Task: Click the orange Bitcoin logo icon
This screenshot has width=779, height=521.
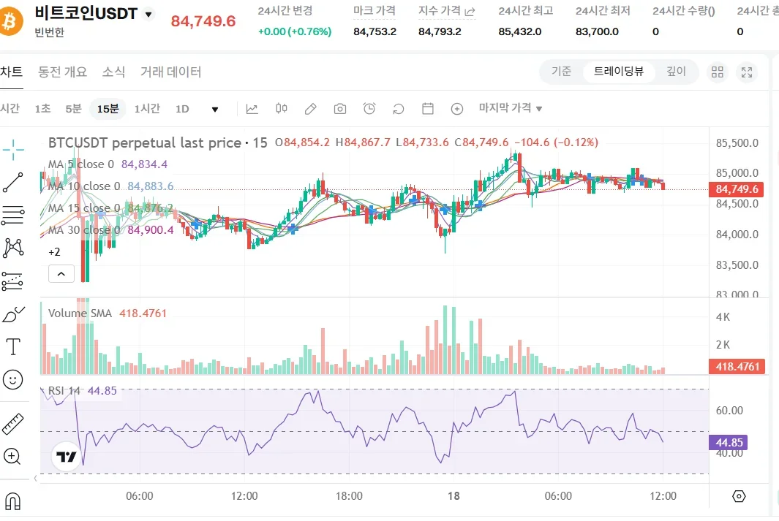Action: point(12,22)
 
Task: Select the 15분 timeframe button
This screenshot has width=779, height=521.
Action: point(108,109)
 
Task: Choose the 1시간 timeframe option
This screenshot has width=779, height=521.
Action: point(146,109)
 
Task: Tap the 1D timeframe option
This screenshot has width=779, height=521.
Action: point(182,109)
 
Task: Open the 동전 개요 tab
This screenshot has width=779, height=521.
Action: point(63,72)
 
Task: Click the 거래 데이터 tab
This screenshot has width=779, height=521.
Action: point(170,72)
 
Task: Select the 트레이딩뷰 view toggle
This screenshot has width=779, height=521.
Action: point(619,72)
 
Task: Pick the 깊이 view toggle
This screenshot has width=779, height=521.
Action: point(676,72)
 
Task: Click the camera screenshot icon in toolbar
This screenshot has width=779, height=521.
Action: point(339,109)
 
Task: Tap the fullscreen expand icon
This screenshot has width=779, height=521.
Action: point(747,72)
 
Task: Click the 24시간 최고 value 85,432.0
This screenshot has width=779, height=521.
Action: point(520,31)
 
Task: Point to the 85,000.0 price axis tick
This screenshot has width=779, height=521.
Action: point(737,173)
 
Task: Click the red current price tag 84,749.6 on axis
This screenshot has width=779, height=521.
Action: point(737,189)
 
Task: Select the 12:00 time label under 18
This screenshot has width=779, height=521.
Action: point(663,496)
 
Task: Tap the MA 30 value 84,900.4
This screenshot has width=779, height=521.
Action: point(151,230)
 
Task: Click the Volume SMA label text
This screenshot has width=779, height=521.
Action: point(80,313)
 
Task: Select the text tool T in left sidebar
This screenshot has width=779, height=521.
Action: point(12,346)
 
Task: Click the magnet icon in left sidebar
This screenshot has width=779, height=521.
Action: point(12,501)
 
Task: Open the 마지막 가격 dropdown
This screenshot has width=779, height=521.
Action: point(511,108)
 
